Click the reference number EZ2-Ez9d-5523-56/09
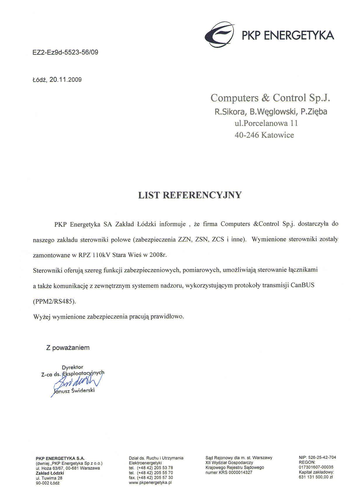pyautogui.click(x=64, y=53)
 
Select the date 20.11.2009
pyautogui.click(x=66, y=80)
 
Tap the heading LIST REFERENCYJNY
pyautogui.click(x=190, y=195)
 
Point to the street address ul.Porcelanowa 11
pyautogui.click(x=266, y=123)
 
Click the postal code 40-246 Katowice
pyautogui.click(x=264, y=135)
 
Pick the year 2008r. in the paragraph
pyautogui.click(x=158, y=255)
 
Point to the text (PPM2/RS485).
pyautogui.click(x=54, y=301)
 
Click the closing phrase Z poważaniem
pyautogui.click(x=68, y=348)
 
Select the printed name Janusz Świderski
pyautogui.click(x=74, y=391)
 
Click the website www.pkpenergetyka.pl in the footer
pyautogui.click(x=150, y=483)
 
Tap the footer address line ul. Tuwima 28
pyautogui.click(x=49, y=478)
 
